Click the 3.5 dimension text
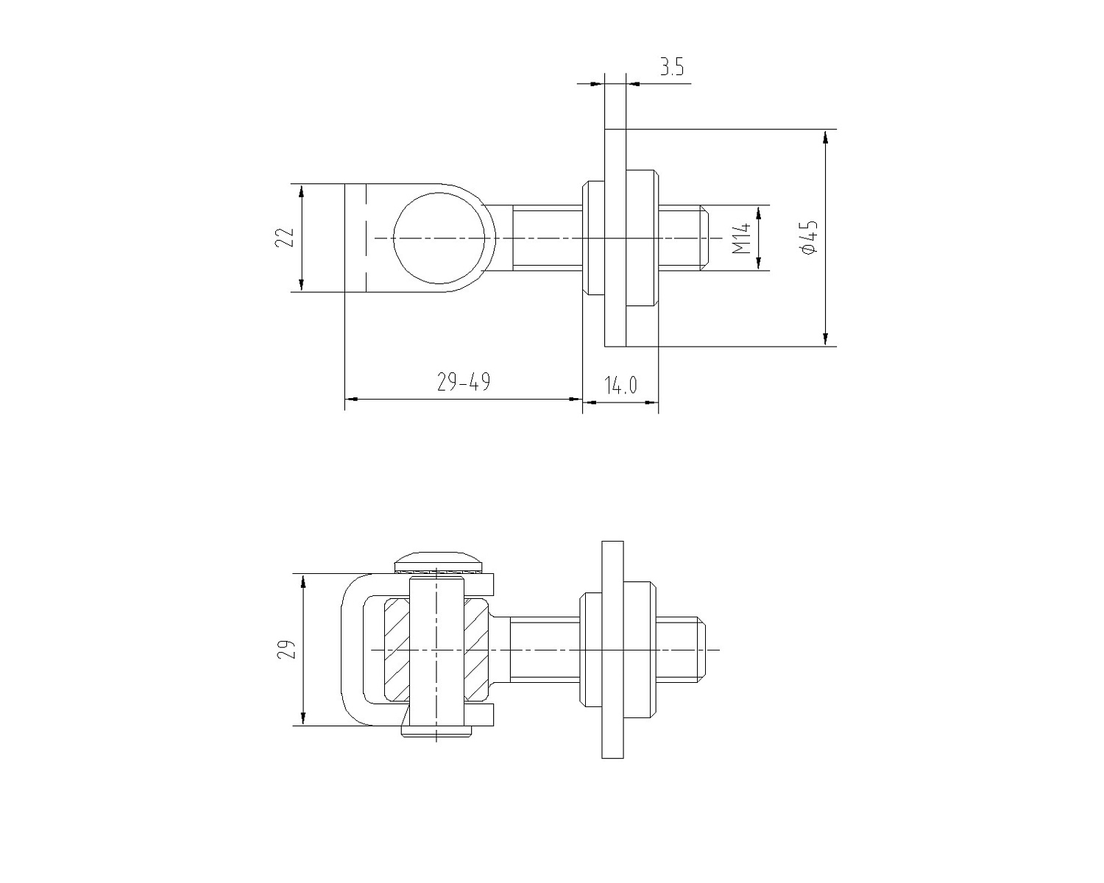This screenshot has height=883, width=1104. coord(671,67)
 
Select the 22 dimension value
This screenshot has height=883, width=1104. coord(285,238)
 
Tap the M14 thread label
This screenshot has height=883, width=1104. coord(741,238)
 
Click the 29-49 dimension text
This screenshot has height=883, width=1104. coord(464,382)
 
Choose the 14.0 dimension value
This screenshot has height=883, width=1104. coord(620,385)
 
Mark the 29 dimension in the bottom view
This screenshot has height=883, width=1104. coord(287,649)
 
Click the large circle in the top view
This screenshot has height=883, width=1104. coord(439,192)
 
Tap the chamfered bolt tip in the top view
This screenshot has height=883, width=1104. coord(705,238)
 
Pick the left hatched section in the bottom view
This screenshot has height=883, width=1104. coord(397,650)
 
